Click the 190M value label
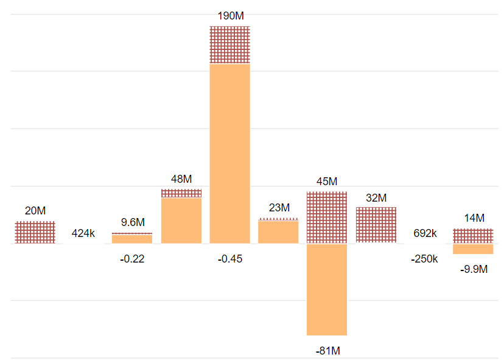click(230, 16)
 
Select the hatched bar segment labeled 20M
click(35, 232)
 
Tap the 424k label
click(83, 233)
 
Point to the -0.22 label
click(132, 259)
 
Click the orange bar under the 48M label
click(181, 221)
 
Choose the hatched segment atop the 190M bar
click(230, 44)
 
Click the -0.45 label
click(230, 259)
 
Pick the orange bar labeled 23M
click(279, 232)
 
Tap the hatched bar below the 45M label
click(327, 217)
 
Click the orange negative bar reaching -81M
click(327, 289)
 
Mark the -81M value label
click(327, 351)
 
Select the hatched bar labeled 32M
click(376, 225)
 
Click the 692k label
click(424, 233)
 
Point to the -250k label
click(424, 259)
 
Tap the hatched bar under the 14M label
click(473, 236)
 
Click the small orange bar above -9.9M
click(473, 249)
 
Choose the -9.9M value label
click(474, 269)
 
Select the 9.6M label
click(133, 222)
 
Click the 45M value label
click(327, 182)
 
